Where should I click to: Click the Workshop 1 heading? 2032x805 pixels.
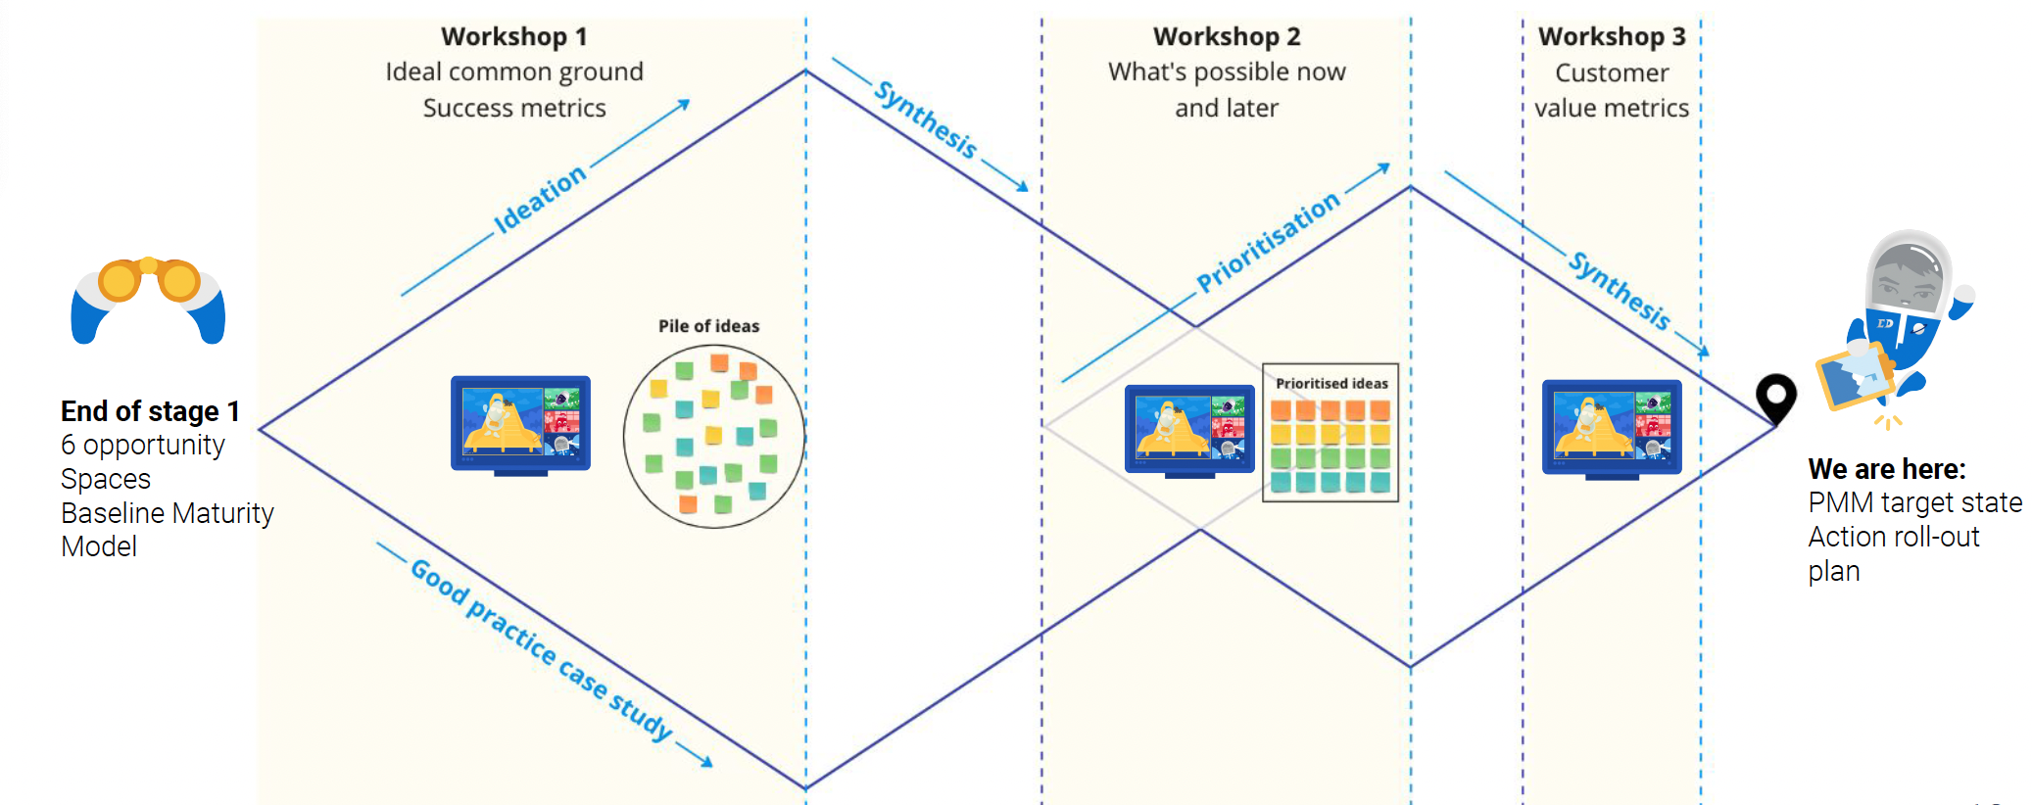513,36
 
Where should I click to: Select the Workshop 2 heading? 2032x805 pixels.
1227,36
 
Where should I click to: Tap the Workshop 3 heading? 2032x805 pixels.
1612,36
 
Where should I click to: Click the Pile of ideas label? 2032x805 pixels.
708,326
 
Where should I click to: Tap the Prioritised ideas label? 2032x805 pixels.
1331,383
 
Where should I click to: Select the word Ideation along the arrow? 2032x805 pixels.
539,199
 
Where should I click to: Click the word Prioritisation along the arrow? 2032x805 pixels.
1268,242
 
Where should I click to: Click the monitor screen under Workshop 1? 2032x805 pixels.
520,422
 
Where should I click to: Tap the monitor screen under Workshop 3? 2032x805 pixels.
1612,427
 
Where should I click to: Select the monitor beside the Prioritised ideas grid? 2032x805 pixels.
1189,429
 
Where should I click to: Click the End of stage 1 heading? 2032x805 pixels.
150,411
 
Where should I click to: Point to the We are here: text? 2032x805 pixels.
1886,469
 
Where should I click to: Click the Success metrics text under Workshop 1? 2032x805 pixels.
514,108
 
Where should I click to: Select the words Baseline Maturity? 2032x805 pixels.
167,513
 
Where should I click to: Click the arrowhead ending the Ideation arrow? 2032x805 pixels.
684,103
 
